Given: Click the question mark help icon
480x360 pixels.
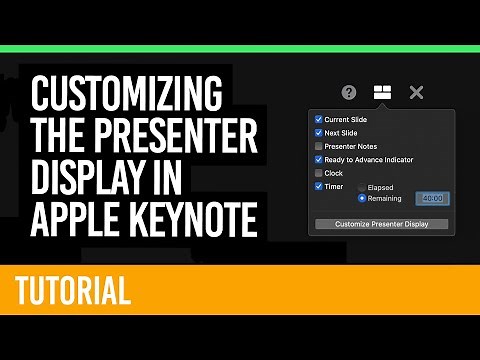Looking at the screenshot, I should [349, 92].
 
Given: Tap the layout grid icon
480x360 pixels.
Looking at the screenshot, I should [382, 92].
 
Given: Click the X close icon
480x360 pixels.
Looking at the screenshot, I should [417, 92].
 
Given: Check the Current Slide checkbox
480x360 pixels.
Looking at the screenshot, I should [318, 119].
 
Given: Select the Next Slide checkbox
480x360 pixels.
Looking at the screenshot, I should [318, 132].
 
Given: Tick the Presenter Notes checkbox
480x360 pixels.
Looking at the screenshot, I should [318, 146].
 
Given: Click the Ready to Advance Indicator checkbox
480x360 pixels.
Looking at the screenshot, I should [318, 159].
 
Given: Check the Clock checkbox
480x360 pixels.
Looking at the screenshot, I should [318, 173].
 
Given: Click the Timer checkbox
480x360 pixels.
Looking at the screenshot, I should [318, 186].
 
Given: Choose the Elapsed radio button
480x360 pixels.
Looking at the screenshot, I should [362, 187].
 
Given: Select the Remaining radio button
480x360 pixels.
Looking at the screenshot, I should [362, 198].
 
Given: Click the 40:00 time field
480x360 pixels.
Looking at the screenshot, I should [433, 198].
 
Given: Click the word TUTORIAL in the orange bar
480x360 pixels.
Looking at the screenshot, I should [73, 291].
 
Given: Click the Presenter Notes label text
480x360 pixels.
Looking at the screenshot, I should [352, 146].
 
